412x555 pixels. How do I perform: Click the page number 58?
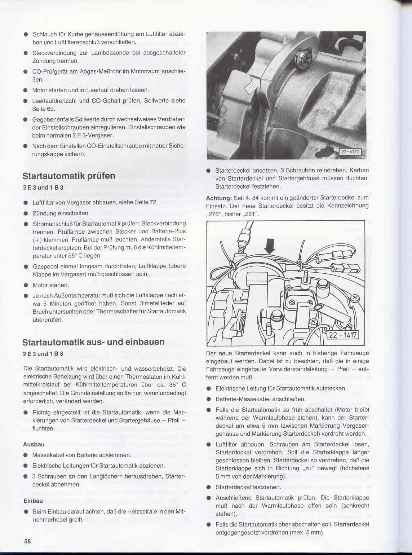(28, 541)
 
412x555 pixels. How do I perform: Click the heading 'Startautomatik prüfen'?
(69, 176)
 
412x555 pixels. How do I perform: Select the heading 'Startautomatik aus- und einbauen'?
(93, 342)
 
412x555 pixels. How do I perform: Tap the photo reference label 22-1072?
(350, 152)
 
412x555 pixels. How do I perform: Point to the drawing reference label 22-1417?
(342, 335)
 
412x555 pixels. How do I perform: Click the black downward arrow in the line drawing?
(270, 246)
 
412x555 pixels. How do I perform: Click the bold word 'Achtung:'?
(219, 198)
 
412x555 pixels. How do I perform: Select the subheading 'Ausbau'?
(34, 444)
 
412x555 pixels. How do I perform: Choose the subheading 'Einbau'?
(33, 501)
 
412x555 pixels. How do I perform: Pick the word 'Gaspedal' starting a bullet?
(45, 266)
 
